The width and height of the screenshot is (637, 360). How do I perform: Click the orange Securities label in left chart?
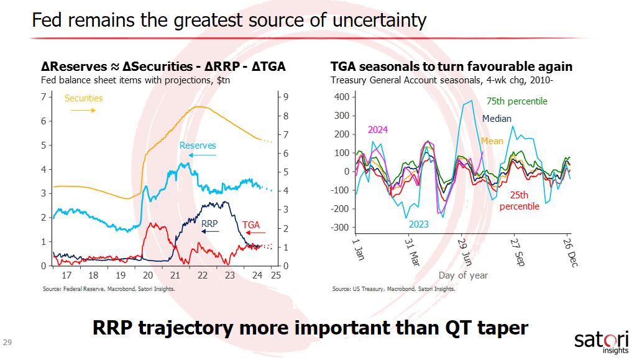coord(83,98)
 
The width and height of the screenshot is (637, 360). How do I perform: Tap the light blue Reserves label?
coord(198,145)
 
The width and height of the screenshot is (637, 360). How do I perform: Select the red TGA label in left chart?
coord(251,224)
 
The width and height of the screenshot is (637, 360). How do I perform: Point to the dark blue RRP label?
coord(209,222)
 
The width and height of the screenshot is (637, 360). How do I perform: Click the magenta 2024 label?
coord(378,130)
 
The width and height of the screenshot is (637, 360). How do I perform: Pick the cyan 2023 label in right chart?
coord(419,224)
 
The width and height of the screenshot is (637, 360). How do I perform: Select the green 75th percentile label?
coord(517,101)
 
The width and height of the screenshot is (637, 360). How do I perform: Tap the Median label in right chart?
coord(497,119)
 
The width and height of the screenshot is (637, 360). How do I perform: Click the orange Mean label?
coord(492,141)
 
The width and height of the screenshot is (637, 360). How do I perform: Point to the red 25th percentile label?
coord(519,201)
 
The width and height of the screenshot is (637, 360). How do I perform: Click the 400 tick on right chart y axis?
coord(342,97)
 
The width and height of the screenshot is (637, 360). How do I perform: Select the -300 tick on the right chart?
coord(340,228)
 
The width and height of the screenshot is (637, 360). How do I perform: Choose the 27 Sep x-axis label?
coord(517,251)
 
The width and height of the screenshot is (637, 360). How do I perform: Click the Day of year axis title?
coord(463,275)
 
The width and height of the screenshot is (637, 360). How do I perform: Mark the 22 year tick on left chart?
coord(202,275)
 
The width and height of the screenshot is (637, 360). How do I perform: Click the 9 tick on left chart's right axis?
coord(286,97)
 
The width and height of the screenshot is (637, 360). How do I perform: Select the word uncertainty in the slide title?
coord(377,20)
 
